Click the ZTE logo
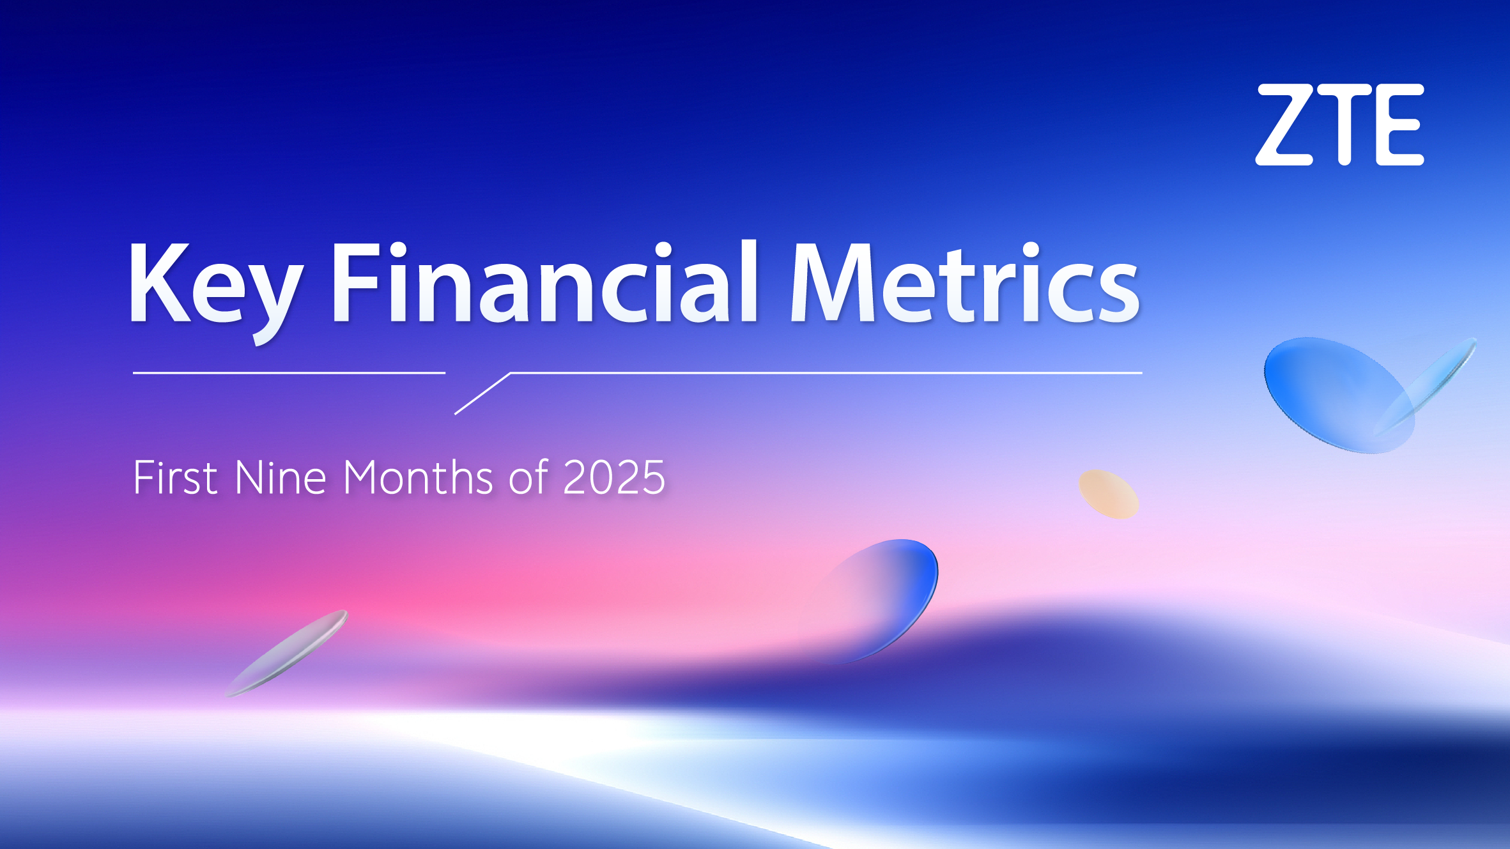pos(1339,125)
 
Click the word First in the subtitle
pos(175,478)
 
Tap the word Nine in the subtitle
pos(281,478)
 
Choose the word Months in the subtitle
pos(418,478)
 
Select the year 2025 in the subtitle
pos(614,478)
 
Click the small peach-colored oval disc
pos(1109,494)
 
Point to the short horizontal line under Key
pos(289,372)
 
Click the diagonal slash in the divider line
pos(482,394)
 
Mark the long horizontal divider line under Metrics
pos(824,372)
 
